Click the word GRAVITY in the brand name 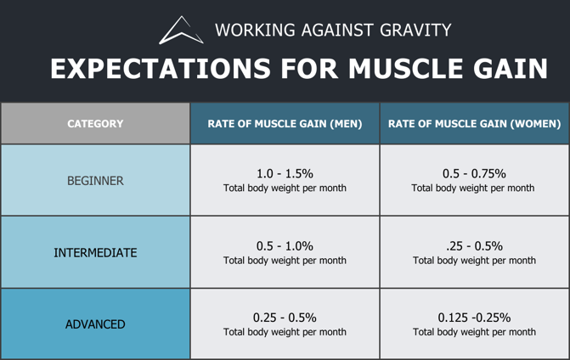415,30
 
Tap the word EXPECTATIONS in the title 161,68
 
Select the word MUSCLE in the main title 405,68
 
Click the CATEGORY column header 95,124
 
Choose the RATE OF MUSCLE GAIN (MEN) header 285,124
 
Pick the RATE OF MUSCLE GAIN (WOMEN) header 474,124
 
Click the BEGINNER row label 95,181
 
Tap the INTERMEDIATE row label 95,252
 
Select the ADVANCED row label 95,324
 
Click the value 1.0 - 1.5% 285,174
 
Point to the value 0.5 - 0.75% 474,174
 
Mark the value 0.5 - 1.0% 285,246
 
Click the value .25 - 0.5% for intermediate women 474,246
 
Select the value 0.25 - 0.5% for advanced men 285,318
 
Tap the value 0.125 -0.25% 474,318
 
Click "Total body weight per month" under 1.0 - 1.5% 285,188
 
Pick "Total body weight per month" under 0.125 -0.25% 474,332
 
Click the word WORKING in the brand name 255,30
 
